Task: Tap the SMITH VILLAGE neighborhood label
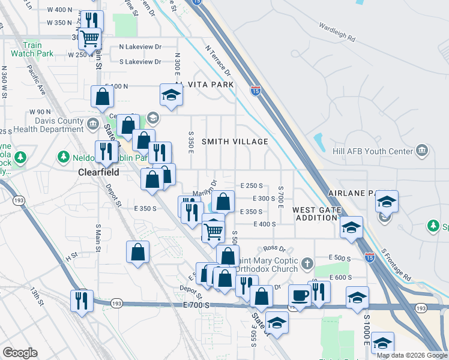235,142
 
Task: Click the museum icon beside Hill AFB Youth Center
422,149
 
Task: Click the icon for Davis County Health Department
92,124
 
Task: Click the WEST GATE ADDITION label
316,214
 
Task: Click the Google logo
20,353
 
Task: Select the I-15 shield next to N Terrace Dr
256,91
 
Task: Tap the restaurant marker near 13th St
81,301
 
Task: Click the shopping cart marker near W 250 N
90,39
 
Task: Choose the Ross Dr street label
273,248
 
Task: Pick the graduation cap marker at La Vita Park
171,95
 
